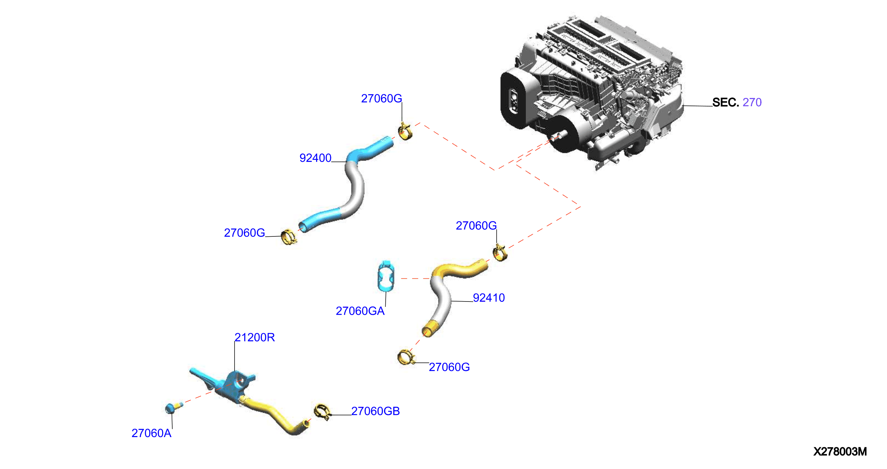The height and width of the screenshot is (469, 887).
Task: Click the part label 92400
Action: tap(315, 158)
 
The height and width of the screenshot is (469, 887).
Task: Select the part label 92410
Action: tap(489, 298)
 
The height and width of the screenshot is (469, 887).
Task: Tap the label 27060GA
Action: tap(360, 311)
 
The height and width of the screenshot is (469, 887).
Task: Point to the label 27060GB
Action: tap(375, 411)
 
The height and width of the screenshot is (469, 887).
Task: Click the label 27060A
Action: tap(151, 433)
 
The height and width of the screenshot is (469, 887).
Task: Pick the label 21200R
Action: tap(254, 338)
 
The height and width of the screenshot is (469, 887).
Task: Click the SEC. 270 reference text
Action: tap(737, 102)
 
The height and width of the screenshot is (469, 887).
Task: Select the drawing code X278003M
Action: tap(840, 451)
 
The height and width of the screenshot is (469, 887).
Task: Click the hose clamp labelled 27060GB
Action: tap(322, 411)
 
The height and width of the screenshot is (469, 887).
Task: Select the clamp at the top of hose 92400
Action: tap(405, 131)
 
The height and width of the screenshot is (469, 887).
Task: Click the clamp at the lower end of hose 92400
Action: tap(288, 237)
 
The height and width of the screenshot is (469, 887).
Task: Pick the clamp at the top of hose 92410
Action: tap(500, 253)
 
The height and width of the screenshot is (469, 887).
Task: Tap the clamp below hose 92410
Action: tap(405, 357)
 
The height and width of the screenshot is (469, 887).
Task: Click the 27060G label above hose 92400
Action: tap(381, 99)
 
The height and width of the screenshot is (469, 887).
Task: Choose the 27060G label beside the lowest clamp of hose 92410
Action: tap(449, 367)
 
